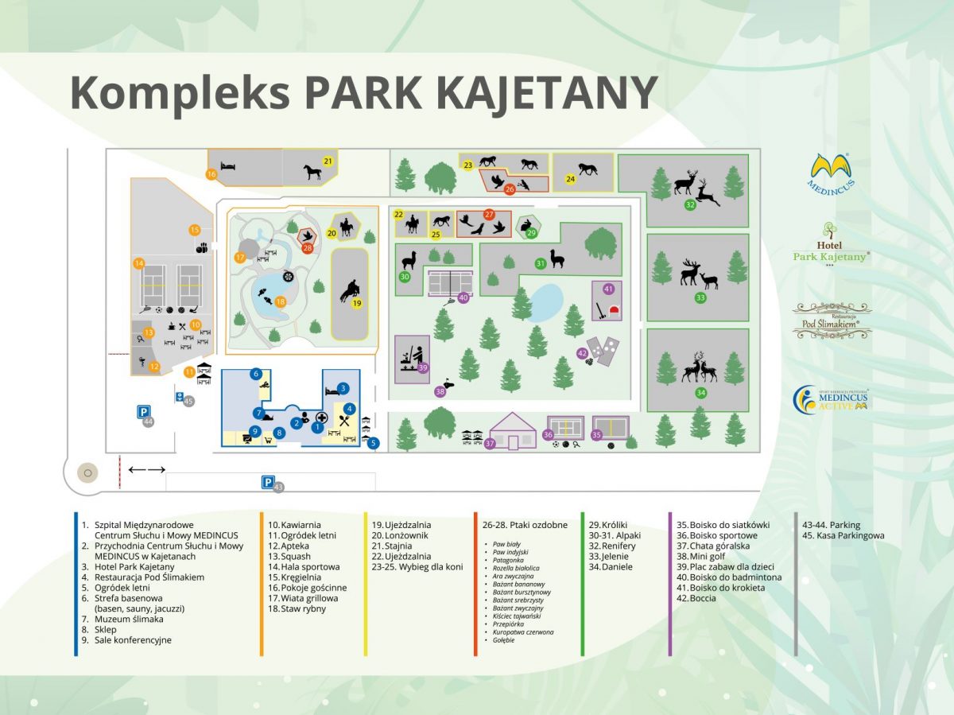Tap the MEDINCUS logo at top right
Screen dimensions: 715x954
pyautogui.click(x=831, y=172)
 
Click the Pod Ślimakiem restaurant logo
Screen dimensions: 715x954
pyautogui.click(x=832, y=321)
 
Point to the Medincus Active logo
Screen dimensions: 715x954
pyautogui.click(x=831, y=398)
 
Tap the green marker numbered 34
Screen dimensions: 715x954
pyautogui.click(x=700, y=393)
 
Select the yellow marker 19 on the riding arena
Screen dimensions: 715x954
pyautogui.click(x=357, y=303)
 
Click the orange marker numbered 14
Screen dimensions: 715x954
pyautogui.click(x=138, y=263)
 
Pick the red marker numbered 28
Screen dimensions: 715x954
pyautogui.click(x=307, y=247)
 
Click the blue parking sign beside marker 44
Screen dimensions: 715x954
pyautogui.click(x=144, y=412)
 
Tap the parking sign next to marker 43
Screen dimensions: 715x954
pyautogui.click(x=269, y=482)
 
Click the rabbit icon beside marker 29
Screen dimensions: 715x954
pyautogui.click(x=525, y=225)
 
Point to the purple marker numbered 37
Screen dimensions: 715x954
pyautogui.click(x=490, y=443)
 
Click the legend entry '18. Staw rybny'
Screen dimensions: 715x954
pyautogui.click(x=298, y=608)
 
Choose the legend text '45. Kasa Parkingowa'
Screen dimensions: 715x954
pyautogui.click(x=843, y=535)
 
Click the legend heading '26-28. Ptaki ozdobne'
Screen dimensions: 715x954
pyautogui.click(x=525, y=525)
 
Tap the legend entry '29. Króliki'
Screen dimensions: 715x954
pyautogui.click(x=611, y=525)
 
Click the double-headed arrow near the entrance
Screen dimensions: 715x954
pyautogui.click(x=147, y=470)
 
